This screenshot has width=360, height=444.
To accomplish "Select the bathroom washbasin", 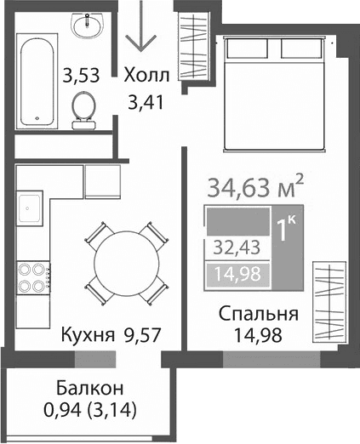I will pos(88,27).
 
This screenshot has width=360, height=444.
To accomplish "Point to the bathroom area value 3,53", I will pos(82,75).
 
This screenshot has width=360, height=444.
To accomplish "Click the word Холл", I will pos(147,75).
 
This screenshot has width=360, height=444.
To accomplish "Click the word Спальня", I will pos(256,314).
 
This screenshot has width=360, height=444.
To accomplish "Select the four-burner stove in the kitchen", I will pos(32,276).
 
